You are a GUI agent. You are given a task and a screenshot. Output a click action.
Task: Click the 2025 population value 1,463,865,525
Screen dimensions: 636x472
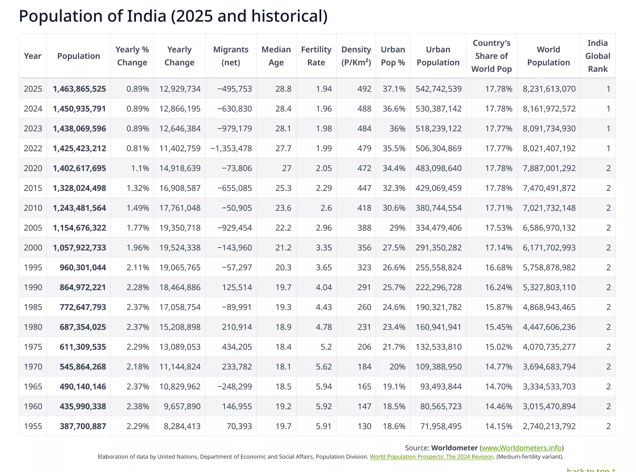click(x=79, y=89)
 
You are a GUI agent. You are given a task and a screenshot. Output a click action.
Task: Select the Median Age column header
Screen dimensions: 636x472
click(x=276, y=56)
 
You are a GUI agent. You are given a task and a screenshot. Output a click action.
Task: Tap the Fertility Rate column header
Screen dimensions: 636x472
click(x=316, y=56)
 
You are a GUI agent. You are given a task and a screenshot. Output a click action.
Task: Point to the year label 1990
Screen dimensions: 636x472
click(x=33, y=287)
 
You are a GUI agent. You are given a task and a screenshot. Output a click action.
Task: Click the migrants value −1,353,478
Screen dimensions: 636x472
click(x=231, y=148)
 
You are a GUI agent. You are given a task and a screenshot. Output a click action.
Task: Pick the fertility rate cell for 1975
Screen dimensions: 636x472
click(x=326, y=347)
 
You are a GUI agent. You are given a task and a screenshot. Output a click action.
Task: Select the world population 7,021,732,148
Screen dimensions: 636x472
click(x=549, y=208)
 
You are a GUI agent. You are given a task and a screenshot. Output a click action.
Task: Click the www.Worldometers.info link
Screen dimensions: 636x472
click(x=522, y=448)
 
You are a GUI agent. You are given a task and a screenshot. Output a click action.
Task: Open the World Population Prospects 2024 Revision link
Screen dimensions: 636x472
click(x=432, y=457)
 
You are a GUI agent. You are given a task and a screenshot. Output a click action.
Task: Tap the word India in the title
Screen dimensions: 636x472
click(x=146, y=16)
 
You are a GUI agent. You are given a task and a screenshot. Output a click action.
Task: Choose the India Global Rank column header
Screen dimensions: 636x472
click(x=598, y=56)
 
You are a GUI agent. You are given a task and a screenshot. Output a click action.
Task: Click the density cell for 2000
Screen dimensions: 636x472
click(x=364, y=248)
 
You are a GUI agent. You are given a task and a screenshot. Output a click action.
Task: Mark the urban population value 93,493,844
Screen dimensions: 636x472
click(x=441, y=386)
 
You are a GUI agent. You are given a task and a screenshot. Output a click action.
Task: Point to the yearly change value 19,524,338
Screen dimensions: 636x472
click(x=180, y=248)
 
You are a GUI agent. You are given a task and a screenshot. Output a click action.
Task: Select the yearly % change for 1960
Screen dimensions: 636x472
click(x=138, y=406)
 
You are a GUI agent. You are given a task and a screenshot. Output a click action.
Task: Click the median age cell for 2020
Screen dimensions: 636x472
click(x=287, y=168)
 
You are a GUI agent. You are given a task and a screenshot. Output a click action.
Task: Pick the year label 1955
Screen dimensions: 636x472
click(x=33, y=426)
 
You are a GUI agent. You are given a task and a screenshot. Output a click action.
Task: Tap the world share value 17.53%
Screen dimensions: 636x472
click(x=499, y=228)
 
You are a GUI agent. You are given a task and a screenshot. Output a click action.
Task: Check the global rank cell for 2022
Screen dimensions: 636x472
click(x=609, y=148)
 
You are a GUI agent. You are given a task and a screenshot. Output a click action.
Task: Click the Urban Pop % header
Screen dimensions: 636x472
click(x=393, y=56)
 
